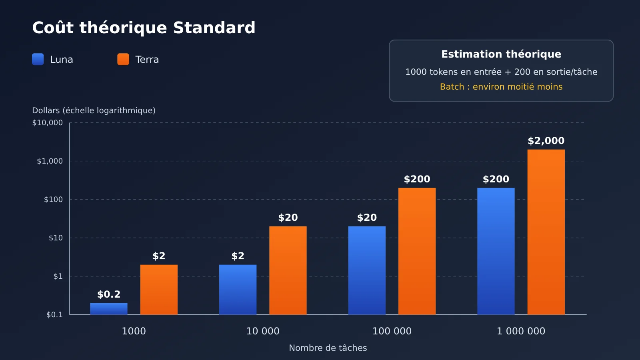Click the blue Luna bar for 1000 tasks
pos(108,309)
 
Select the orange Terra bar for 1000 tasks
pos(159,290)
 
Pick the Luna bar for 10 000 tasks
pos(238,290)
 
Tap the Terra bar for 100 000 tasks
pos(417,251)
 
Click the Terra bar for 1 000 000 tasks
pos(546,232)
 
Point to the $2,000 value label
pos(546,140)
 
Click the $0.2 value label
pos(108,294)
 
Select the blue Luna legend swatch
pos(38,59)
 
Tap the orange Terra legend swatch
pos(123,59)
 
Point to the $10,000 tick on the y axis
pos(48,123)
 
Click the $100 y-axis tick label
pos(53,200)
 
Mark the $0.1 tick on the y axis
pos(54,314)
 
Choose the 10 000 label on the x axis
pos(263,331)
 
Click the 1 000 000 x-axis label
pos(521,331)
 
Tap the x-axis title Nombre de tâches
pos(328,348)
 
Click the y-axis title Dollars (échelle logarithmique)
pos(94,110)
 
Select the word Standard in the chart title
pos(214,28)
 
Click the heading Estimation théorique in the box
pos(501,54)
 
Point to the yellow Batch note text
pos(501,86)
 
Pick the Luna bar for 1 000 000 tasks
pos(496,251)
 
